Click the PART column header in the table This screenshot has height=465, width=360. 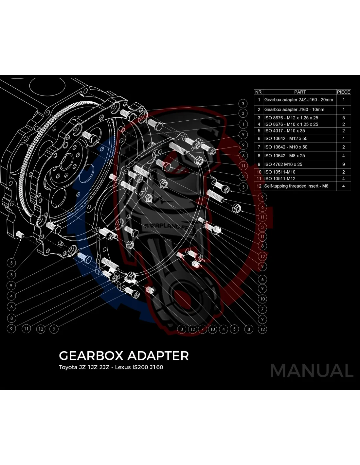(x=300, y=92)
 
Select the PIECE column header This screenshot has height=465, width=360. (x=343, y=92)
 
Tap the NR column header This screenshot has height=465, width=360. (x=258, y=92)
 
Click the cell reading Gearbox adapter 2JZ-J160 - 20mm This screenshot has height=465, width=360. (x=298, y=100)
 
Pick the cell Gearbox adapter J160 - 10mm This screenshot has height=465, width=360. (x=294, y=110)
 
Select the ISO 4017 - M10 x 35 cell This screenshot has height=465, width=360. (x=284, y=130)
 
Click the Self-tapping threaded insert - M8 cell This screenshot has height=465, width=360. (x=296, y=186)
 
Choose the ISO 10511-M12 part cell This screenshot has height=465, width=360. (x=280, y=179)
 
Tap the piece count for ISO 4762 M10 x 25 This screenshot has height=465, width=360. (x=343, y=164)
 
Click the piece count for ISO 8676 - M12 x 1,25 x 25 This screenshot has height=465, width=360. (x=343, y=118)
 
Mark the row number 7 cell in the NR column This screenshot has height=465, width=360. (x=259, y=147)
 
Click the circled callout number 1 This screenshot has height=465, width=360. (x=243, y=124)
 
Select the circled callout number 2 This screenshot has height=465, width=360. (x=243, y=177)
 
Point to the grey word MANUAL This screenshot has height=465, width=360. (x=312, y=370)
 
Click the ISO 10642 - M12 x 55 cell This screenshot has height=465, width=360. (x=286, y=139)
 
